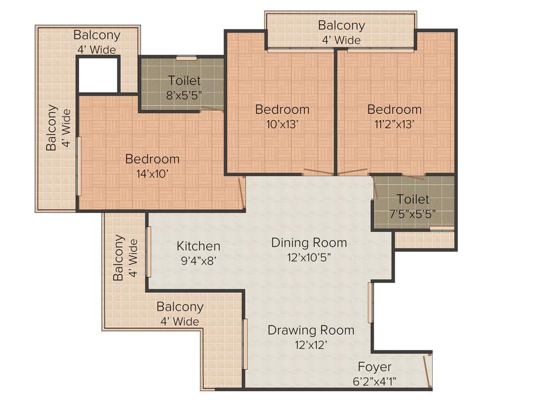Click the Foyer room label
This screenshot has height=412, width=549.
pos(375,367)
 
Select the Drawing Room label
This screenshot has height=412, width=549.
pos(311,330)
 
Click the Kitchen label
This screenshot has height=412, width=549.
pos(198,246)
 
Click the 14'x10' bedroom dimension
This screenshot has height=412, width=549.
pos(152,174)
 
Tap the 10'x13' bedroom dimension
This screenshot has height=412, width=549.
pos(282,124)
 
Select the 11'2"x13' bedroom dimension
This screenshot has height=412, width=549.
pos(394,124)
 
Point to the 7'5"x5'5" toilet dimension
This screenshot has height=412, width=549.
pos(412,213)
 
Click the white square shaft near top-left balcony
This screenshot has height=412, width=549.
pos(98,75)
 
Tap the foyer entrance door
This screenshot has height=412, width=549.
pos(427,371)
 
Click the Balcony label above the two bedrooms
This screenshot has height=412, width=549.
pos(341,25)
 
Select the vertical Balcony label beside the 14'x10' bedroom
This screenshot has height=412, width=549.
pos(51,128)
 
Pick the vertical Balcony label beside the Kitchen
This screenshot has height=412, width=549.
pos(118,257)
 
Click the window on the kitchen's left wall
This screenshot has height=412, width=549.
pos(149,252)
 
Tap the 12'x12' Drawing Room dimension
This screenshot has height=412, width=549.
pos(311,344)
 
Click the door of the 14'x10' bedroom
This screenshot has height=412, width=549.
pos(242,193)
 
